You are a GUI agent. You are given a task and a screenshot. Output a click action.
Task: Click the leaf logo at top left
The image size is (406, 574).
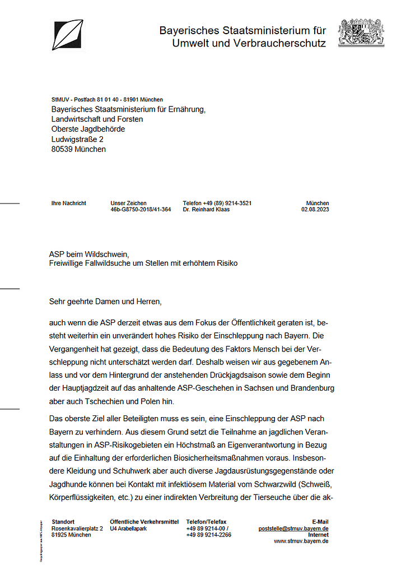[x=68, y=35]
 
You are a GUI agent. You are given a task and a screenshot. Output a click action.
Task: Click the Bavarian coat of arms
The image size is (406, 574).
[x=361, y=33]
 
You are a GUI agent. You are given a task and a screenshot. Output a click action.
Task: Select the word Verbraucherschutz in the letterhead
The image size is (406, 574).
[x=277, y=43]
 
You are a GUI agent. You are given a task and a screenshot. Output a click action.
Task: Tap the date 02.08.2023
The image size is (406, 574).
[x=315, y=210]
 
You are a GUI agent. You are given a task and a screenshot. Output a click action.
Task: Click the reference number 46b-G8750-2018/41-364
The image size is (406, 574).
[x=141, y=210]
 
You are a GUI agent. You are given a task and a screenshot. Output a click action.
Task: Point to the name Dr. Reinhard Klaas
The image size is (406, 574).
[x=206, y=210]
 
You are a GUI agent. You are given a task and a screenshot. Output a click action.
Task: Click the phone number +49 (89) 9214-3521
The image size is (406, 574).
[x=217, y=203]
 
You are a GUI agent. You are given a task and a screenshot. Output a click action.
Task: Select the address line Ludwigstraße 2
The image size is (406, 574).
[x=77, y=139]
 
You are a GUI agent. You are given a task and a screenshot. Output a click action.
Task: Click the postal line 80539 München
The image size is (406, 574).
[x=78, y=149]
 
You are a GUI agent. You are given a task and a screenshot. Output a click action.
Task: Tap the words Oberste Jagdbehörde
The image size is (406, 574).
[x=88, y=129]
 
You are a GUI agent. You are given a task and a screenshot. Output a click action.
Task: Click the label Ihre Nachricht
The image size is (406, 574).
[x=69, y=203]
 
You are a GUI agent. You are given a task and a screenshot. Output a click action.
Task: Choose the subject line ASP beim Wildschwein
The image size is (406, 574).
[x=92, y=254]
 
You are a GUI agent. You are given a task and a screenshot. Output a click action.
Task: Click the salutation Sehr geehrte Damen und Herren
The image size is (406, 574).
[x=105, y=302]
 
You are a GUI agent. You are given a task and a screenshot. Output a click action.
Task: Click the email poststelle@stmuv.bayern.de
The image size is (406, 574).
[x=293, y=529]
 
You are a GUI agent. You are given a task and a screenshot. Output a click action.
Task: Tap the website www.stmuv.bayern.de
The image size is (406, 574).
[x=301, y=541]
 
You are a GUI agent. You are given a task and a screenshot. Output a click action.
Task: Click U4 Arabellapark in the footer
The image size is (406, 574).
[x=128, y=529]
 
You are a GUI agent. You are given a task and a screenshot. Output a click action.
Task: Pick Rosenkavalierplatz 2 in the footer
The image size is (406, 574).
[x=77, y=529]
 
